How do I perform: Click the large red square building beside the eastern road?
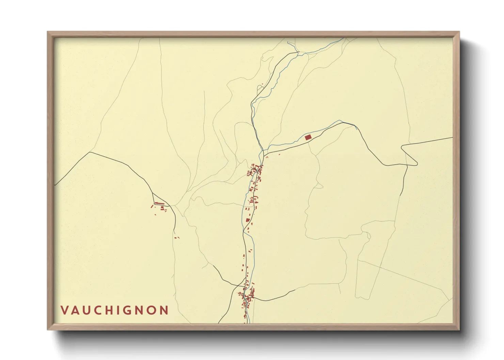[x=308, y=137]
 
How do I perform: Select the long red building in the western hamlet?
[x=159, y=203]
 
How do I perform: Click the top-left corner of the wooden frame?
[x=48, y=32]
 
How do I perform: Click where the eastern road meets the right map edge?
[x=453, y=137]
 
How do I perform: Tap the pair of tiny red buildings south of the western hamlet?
[x=176, y=238]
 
